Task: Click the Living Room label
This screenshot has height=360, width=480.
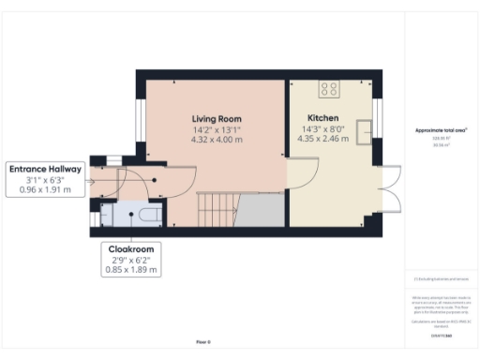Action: [217, 119]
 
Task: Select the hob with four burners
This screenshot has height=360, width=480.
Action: [330, 90]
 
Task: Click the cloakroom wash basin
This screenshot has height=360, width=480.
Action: [107, 215]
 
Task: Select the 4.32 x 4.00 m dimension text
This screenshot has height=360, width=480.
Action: [217, 140]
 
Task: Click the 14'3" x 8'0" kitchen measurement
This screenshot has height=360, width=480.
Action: [323, 129]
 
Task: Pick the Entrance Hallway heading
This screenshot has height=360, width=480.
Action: [46, 169]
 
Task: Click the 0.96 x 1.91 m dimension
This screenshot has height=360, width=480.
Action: [46, 189]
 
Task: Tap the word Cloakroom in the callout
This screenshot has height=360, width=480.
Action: [130, 248]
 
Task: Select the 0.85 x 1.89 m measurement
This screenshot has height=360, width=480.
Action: [130, 269]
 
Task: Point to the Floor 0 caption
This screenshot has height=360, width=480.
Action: [203, 342]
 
